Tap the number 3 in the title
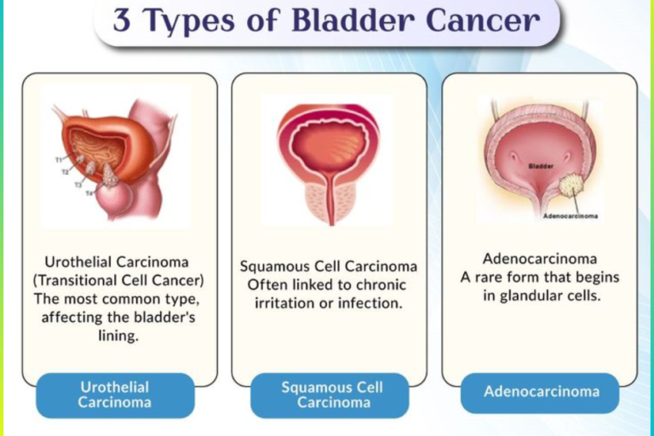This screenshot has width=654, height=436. (123, 20)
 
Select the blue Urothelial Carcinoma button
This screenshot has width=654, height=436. (115, 394)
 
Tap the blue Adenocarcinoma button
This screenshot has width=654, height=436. (542, 392)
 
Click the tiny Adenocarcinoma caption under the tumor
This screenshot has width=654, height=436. (570, 215)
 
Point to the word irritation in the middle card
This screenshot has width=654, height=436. (288, 303)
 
